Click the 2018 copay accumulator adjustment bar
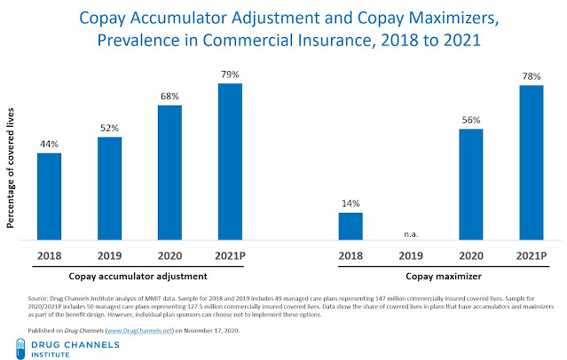click(x=50, y=196)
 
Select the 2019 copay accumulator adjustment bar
click(x=110, y=188)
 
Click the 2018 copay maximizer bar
click(x=351, y=226)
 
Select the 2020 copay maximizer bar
click(x=472, y=184)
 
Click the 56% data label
click(x=472, y=121)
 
